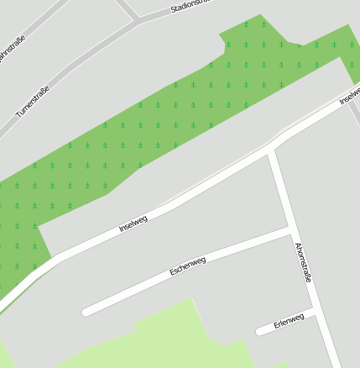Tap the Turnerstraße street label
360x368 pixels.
[x=33, y=99]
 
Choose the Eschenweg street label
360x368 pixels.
[x=187, y=266]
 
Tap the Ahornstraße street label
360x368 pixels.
[x=303, y=262]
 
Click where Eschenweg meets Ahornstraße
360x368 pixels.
[x=290, y=229]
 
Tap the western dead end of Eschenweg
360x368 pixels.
[x=86, y=313]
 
